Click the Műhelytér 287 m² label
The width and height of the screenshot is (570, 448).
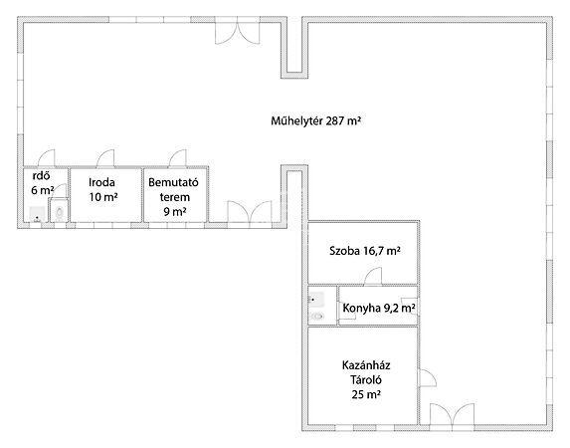click(x=315, y=120)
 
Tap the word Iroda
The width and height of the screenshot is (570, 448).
click(x=101, y=182)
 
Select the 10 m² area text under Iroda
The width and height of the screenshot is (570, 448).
click(x=103, y=197)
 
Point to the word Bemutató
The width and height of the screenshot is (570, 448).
click(x=173, y=182)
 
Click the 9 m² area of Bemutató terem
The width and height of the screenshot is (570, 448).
click(x=175, y=211)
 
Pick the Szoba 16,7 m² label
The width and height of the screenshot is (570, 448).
click(x=365, y=251)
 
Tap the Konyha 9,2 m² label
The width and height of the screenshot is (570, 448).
click(x=379, y=309)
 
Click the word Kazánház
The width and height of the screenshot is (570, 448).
click(x=366, y=365)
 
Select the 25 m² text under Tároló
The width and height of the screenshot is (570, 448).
click(x=366, y=394)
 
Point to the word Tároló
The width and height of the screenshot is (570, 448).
click(x=366, y=380)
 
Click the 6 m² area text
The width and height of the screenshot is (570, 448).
click(x=43, y=190)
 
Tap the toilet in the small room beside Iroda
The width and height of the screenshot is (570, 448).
click(x=59, y=212)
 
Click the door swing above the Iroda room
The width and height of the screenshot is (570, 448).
click(x=105, y=158)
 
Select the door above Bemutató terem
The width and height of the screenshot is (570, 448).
click(x=178, y=158)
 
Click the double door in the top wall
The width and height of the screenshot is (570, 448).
click(x=238, y=33)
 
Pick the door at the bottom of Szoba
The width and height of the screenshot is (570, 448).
click(x=373, y=276)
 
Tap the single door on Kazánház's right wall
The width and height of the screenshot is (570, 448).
click(x=428, y=378)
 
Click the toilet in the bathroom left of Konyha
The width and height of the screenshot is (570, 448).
click(x=317, y=317)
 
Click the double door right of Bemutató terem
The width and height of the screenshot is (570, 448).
click(x=250, y=211)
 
